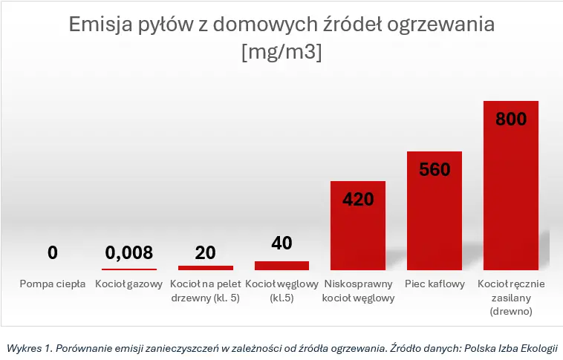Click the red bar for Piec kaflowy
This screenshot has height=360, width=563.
(435, 211)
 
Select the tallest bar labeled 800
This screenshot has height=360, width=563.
(511, 186)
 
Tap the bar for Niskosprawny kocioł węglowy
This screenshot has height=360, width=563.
(358, 226)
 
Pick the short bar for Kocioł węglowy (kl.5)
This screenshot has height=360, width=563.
(281, 266)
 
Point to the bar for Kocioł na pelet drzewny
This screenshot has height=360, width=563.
(206, 268)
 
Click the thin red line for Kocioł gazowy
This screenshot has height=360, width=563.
(129, 269)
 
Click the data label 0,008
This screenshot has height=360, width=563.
(129, 252)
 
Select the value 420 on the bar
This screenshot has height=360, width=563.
(358, 199)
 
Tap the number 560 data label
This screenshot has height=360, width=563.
(435, 169)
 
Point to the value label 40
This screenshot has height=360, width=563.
(281, 243)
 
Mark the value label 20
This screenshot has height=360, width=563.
(206, 252)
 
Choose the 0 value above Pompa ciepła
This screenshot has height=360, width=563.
(53, 252)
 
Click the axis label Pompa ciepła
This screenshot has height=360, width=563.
(53, 284)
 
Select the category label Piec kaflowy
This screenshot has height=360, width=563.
(435, 284)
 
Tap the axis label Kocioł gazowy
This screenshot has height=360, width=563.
(129, 284)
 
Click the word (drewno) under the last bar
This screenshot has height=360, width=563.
(511, 311)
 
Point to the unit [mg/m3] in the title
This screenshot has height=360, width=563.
(281, 52)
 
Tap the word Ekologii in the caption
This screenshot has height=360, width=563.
(539, 348)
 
